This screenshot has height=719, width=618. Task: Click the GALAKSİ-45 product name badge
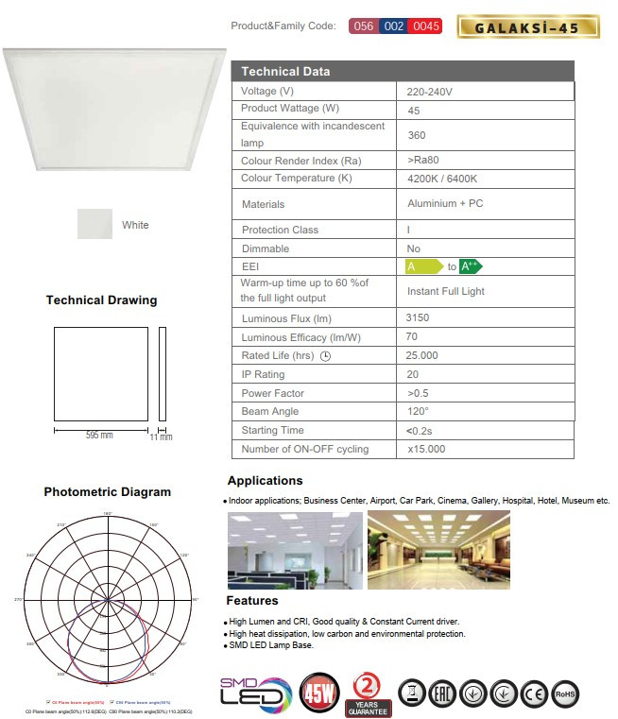[x=527, y=26]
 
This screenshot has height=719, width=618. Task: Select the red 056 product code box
[x=363, y=26]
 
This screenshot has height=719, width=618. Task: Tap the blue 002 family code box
[x=394, y=26]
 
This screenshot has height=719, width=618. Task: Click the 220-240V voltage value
[x=430, y=92]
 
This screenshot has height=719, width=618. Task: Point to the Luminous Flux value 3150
[x=418, y=318]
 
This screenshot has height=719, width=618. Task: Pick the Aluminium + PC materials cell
[x=444, y=204]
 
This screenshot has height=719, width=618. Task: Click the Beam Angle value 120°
[x=419, y=411]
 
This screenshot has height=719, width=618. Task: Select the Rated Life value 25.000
[x=422, y=355]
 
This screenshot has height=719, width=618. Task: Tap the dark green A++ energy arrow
[x=471, y=266]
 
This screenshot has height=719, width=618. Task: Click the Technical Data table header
[x=402, y=72]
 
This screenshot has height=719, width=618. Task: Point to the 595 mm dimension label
[x=99, y=435]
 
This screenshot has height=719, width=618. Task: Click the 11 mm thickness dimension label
[x=162, y=437]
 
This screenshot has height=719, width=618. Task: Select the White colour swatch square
[x=94, y=225]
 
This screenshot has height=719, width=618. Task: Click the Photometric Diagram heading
[x=108, y=492]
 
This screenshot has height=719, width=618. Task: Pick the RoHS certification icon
[x=565, y=693]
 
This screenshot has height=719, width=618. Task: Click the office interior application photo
[x=295, y=550]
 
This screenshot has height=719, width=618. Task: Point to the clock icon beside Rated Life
[x=326, y=356]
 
